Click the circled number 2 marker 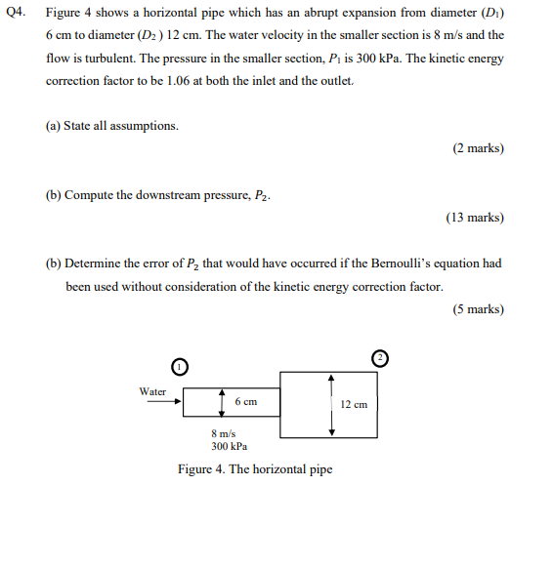tap(380, 358)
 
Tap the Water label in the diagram tap(153, 391)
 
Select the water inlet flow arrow tap(158, 401)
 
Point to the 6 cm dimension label tap(245, 401)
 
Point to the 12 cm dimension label tap(354, 403)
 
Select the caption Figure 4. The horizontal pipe tap(255, 469)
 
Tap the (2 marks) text tap(478, 148)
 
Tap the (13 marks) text tap(475, 218)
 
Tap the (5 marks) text tap(478, 309)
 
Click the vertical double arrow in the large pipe tap(332, 403)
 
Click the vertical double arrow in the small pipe tap(223, 401)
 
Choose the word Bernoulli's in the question tap(410, 263)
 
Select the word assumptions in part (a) tap(144, 126)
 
